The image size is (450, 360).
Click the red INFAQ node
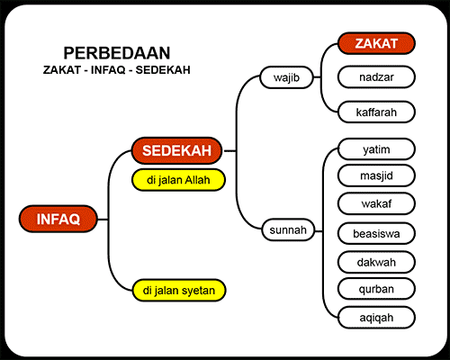(x=58, y=219)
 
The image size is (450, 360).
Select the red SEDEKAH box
(x=177, y=150)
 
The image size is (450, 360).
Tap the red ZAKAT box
(x=376, y=44)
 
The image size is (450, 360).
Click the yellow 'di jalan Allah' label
(x=177, y=180)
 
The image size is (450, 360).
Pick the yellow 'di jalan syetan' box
(x=177, y=290)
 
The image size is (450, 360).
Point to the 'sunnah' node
(x=288, y=230)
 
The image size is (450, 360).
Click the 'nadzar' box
(x=376, y=77)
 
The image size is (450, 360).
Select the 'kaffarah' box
(x=376, y=112)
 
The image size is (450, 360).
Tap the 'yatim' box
(x=376, y=147)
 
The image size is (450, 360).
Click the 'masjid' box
(x=376, y=175)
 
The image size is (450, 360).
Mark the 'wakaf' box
(x=376, y=203)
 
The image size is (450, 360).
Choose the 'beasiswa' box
(x=376, y=232)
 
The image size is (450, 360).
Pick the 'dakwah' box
(x=376, y=262)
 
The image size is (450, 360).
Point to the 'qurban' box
(x=376, y=289)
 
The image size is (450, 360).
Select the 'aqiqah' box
(x=376, y=317)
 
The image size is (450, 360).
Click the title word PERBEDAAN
(x=117, y=53)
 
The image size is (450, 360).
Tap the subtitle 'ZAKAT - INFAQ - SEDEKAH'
(x=117, y=69)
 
